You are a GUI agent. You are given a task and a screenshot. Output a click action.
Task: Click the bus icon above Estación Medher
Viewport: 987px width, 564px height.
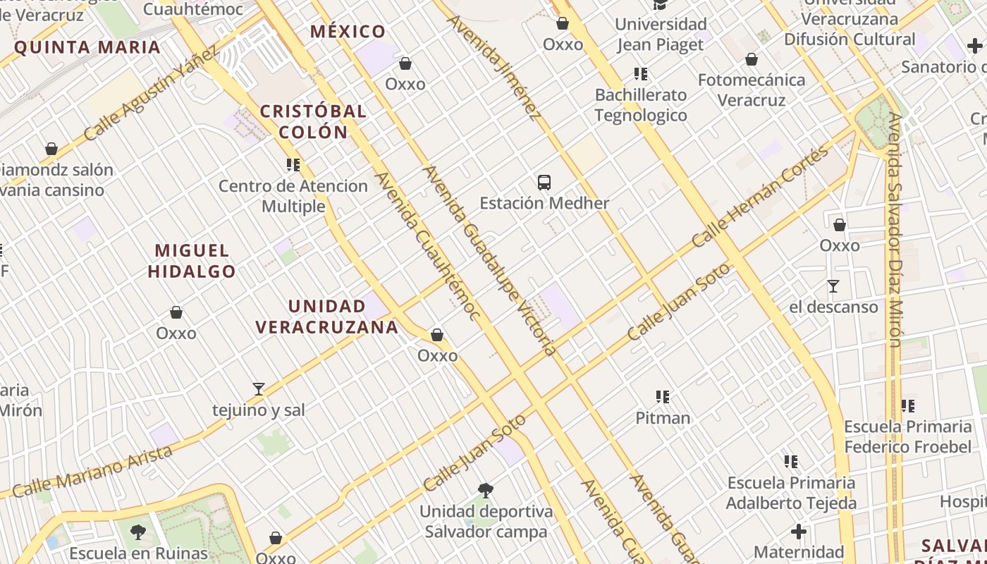(544, 183)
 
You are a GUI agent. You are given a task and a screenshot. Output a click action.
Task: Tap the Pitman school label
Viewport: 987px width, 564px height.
(663, 418)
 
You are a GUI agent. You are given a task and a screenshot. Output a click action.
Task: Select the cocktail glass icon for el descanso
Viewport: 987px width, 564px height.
(833, 286)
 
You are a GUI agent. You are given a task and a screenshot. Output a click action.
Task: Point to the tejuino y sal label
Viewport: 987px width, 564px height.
(259, 410)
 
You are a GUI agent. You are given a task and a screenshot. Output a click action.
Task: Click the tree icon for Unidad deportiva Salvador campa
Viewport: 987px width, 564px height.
(485, 491)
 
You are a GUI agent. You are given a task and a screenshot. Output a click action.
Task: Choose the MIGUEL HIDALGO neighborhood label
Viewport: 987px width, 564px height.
(192, 261)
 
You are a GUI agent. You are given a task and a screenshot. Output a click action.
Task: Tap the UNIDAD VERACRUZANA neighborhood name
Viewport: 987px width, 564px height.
(327, 317)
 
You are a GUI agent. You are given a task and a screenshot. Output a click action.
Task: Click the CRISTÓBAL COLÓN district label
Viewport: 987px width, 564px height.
(314, 121)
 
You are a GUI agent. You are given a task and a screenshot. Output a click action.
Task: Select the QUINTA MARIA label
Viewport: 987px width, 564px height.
(87, 48)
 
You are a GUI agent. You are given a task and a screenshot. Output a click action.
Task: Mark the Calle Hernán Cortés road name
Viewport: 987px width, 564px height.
(761, 197)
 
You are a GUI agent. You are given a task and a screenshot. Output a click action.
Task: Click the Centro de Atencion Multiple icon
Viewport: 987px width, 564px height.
(293, 165)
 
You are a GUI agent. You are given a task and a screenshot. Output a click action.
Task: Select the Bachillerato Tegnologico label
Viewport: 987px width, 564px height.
(641, 105)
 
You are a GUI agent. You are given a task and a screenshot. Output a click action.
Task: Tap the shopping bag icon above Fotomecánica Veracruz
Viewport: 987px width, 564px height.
(752, 59)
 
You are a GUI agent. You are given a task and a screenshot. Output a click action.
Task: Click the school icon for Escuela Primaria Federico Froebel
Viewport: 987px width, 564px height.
(908, 406)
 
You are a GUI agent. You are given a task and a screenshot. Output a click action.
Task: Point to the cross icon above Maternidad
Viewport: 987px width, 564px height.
(799, 531)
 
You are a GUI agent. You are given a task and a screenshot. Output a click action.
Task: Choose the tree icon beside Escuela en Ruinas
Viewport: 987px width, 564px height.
(138, 532)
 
